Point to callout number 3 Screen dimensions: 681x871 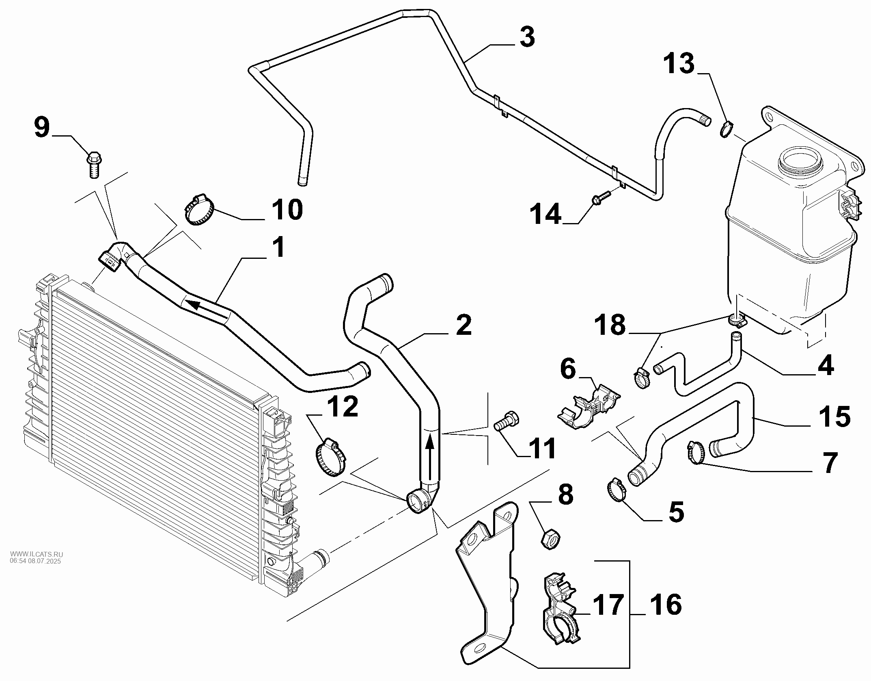pyautogui.click(x=527, y=37)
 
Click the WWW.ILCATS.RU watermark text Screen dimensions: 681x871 pyautogui.click(x=37, y=554)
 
